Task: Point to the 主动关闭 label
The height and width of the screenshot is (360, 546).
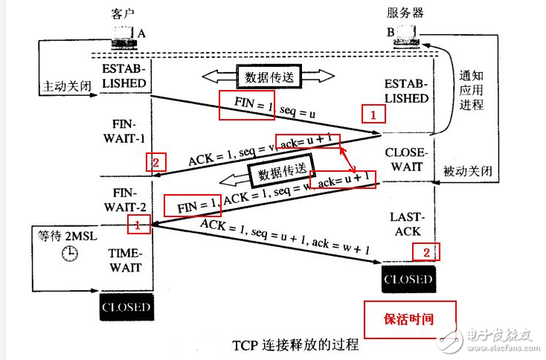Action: [66, 86]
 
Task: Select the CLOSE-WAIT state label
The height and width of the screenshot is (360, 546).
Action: [406, 159]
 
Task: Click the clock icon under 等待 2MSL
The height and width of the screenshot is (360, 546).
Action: [69, 254]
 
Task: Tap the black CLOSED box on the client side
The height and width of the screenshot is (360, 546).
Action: [125, 306]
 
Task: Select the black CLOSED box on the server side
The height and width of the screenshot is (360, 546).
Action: [407, 280]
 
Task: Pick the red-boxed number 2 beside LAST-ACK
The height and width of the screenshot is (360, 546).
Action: [425, 252]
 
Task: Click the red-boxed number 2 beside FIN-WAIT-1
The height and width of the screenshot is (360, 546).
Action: [155, 162]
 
